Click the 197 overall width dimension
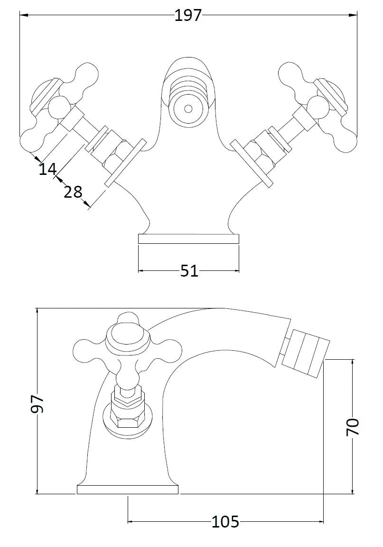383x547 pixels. tap(188, 16)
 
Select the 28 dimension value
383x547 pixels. tap(73, 192)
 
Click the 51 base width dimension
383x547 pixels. tap(189, 271)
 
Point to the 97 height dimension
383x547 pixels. tap(37, 403)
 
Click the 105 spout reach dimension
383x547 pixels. tap(225, 522)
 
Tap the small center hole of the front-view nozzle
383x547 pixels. tap(188, 108)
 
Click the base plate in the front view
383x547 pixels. tap(188, 239)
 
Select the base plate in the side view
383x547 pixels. tap(128, 489)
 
